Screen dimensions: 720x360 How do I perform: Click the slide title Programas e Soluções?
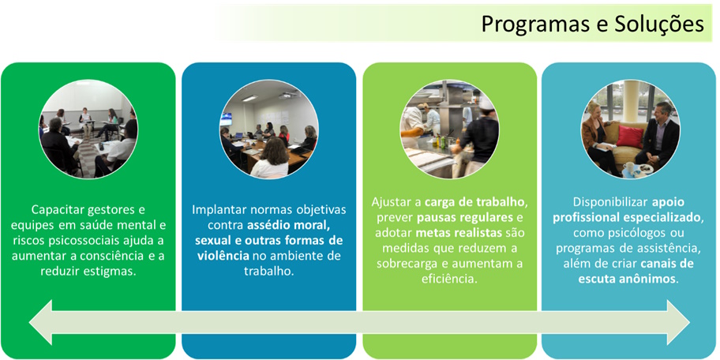(x=592, y=24)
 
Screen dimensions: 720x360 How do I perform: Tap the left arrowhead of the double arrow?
(x=40, y=323)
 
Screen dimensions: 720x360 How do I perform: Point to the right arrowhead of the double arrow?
(x=677, y=323)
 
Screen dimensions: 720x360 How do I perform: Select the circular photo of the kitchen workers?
(x=449, y=129)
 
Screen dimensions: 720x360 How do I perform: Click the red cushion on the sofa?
(x=629, y=137)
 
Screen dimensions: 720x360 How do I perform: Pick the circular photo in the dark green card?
(x=88, y=129)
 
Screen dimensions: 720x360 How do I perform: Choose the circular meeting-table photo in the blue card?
(x=269, y=129)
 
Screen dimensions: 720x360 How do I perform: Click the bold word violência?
(x=223, y=256)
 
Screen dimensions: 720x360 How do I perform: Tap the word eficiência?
(x=449, y=279)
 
